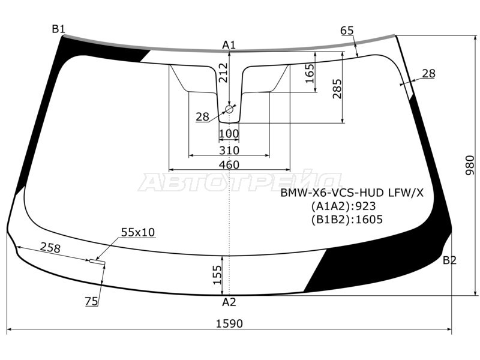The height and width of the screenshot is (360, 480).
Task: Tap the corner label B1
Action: [x=58, y=29]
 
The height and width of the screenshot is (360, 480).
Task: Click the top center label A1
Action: [x=229, y=45]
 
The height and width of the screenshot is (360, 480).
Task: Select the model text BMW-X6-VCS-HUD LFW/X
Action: [x=352, y=193]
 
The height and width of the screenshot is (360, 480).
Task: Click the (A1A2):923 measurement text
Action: [x=344, y=206]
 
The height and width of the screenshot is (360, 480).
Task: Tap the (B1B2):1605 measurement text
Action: [x=347, y=220]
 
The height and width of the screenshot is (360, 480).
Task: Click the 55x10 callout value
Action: [x=137, y=232]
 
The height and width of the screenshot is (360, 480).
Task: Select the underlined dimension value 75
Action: [x=91, y=302]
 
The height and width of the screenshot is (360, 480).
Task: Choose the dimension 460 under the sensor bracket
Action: [x=229, y=165]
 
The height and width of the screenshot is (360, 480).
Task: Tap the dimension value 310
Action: [x=229, y=150]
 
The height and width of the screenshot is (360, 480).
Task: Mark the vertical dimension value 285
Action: [x=337, y=88]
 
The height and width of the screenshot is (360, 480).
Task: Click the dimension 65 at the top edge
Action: [x=347, y=31]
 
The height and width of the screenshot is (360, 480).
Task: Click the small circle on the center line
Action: [x=229, y=109]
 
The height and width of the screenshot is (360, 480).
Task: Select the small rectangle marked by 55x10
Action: [x=96, y=261]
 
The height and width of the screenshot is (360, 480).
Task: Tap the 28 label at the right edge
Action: [x=428, y=74]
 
